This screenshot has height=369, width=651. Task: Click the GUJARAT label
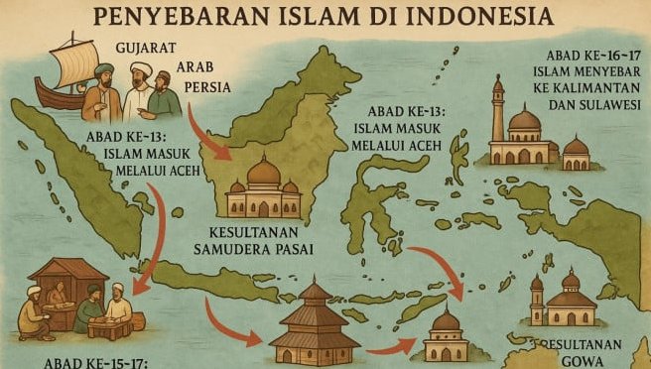pyautogui.click(x=146, y=48)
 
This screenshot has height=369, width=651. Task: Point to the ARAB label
pyautogui.click(x=195, y=67)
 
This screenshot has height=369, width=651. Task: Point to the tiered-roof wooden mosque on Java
pyautogui.click(x=315, y=322)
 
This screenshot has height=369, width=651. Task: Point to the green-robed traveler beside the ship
pyautogui.click(x=163, y=95)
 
